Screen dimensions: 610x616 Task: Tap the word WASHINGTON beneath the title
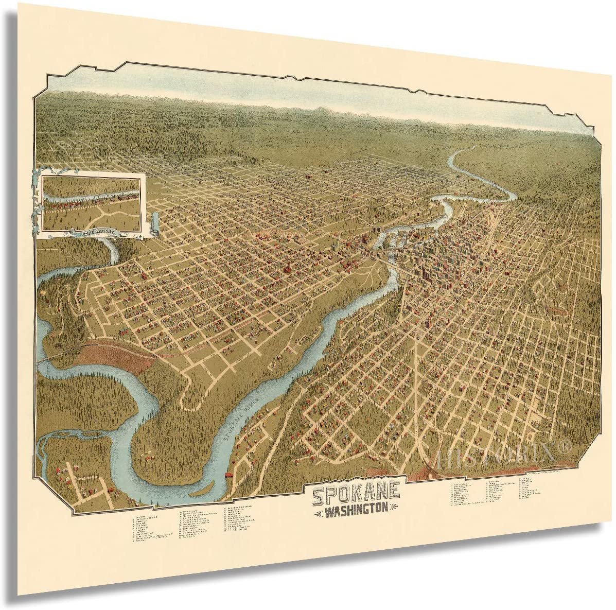click(x=356, y=512)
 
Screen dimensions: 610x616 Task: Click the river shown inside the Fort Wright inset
click(x=93, y=194)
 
